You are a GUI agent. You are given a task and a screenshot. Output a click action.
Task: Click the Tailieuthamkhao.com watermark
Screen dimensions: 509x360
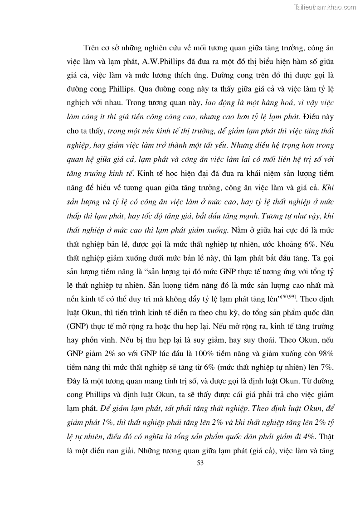point(325,7)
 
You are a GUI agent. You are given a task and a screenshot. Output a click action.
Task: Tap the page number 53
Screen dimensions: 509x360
point(201,462)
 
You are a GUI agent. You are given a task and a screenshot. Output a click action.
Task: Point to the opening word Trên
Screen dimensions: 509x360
point(92,48)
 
